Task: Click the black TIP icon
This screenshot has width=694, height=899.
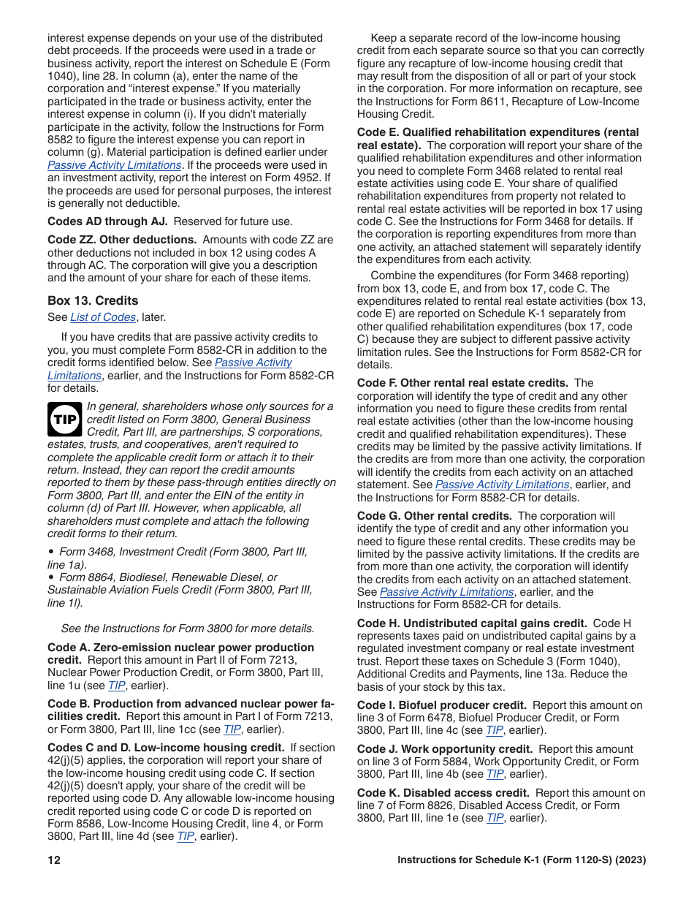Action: pyautogui.click(x=66, y=420)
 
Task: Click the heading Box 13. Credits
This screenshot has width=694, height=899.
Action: pyautogui.click(x=93, y=300)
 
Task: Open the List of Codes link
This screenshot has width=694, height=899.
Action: pyautogui.click(x=103, y=317)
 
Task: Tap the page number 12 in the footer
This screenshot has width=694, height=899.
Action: pyautogui.click(x=54, y=860)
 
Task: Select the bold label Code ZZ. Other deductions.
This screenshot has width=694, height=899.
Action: pyautogui.click(x=122, y=240)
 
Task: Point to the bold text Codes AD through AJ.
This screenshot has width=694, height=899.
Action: pyautogui.click(x=107, y=221)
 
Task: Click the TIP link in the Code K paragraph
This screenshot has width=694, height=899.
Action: pyautogui.click(x=495, y=818)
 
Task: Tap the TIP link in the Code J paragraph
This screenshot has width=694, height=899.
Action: pyautogui.click(x=495, y=774)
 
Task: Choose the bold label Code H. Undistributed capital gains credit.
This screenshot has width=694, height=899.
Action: pyautogui.click(x=472, y=623)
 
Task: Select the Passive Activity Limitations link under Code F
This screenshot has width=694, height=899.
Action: pyautogui.click(x=502, y=485)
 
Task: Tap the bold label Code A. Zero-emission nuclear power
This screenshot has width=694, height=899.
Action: pyautogui.click(x=180, y=648)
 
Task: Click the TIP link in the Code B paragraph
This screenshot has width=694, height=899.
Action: pyautogui.click(x=232, y=729)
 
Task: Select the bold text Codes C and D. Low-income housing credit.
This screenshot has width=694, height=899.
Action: pyautogui.click(x=166, y=748)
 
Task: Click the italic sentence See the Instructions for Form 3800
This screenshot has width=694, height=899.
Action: pyautogui.click(x=188, y=629)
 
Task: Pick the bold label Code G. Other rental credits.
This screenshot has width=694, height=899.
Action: pyautogui.click(x=434, y=516)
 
